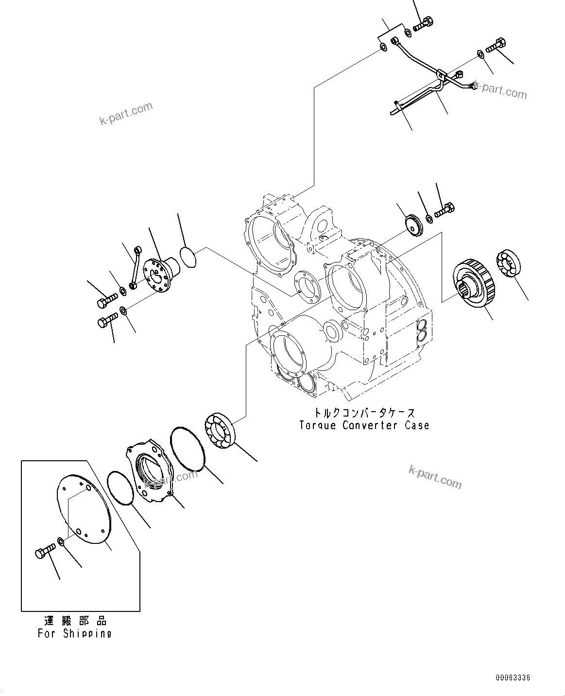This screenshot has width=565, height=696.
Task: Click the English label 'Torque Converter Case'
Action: click(x=364, y=425)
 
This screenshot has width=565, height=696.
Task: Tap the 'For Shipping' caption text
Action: click(x=74, y=633)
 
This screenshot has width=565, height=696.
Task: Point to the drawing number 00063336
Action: click(x=513, y=677)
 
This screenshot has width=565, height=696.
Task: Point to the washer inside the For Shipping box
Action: click(x=60, y=541)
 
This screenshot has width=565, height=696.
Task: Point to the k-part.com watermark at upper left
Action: click(x=126, y=114)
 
